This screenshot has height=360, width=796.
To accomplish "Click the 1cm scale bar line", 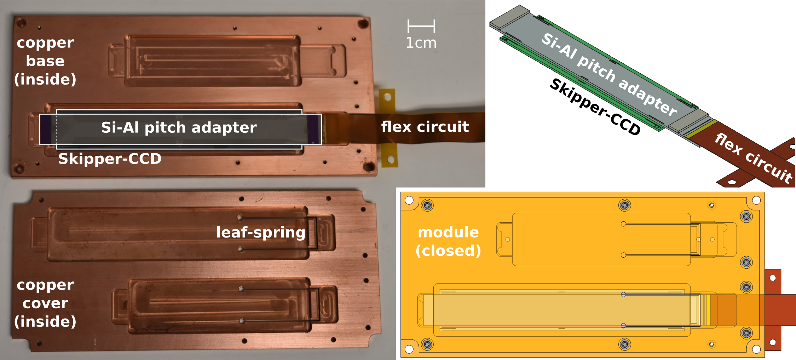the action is point(421,26).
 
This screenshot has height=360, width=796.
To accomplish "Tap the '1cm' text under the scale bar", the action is point(421,43).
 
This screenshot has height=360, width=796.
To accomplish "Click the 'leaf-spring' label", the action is point(261,233).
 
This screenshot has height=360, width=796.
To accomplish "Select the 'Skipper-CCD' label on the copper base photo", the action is point(110,159).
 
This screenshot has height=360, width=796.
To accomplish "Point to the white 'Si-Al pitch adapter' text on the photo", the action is point(179,127).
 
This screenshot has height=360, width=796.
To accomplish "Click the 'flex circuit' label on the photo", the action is point(425,127).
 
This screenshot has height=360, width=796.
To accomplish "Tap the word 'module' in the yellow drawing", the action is point(448,232).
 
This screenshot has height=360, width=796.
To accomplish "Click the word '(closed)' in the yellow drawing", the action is point(448,251).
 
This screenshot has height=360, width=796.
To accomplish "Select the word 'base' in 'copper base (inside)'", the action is point(45,61).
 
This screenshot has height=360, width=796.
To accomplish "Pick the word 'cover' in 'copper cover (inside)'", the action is point(45,303).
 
